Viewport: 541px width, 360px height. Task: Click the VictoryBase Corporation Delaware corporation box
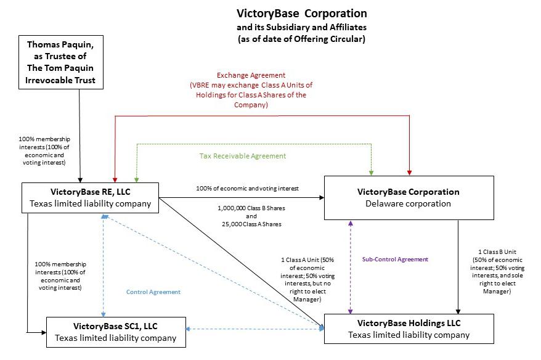click(x=409, y=197)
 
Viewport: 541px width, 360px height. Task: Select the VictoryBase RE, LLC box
click(x=90, y=197)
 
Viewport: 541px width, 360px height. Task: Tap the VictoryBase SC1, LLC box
click(x=115, y=331)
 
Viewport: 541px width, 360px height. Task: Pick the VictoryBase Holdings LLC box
click(x=409, y=329)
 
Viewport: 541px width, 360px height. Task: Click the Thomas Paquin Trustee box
click(x=60, y=62)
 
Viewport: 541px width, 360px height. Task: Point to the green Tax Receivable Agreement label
click(x=242, y=157)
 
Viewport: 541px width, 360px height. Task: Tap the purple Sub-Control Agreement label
click(x=394, y=260)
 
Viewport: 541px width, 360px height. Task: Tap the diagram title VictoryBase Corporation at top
click(x=302, y=13)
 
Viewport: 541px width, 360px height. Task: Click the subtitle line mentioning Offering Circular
click(x=302, y=39)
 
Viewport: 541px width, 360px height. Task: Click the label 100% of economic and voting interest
click(x=246, y=187)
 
